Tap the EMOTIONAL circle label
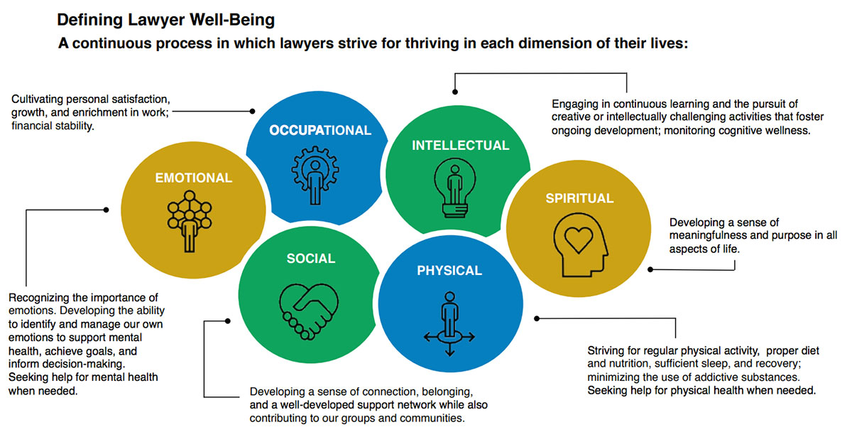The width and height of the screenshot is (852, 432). (x=193, y=178)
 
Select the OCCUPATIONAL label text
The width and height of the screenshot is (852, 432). (x=319, y=130)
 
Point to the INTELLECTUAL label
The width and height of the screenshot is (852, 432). (x=460, y=145)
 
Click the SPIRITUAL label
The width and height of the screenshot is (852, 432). (x=579, y=198)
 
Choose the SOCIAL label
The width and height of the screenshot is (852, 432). (x=310, y=259)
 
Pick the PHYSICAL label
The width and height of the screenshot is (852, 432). (x=449, y=270)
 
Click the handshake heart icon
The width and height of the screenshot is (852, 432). (x=311, y=308)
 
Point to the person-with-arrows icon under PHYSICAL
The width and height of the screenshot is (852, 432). (x=449, y=323)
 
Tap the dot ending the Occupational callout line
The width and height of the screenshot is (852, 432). (x=253, y=111)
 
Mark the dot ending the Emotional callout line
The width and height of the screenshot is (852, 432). (x=106, y=210)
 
